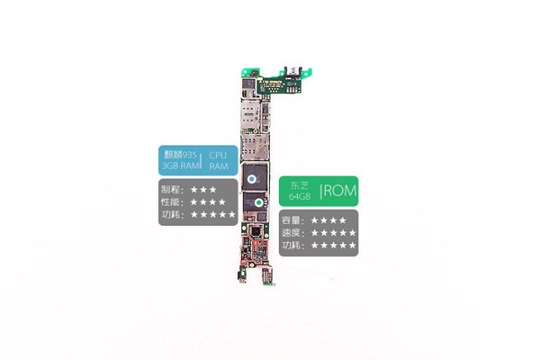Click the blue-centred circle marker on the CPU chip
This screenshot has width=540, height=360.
pos(252,179)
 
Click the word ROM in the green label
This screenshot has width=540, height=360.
pos(340,191)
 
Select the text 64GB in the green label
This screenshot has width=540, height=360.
pos(300,196)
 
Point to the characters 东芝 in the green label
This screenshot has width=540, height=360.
pos(300,185)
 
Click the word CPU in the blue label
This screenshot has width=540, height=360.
pos(218,156)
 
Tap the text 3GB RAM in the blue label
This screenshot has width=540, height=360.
pos(181,166)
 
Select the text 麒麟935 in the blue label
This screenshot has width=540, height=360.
pos(180,155)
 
